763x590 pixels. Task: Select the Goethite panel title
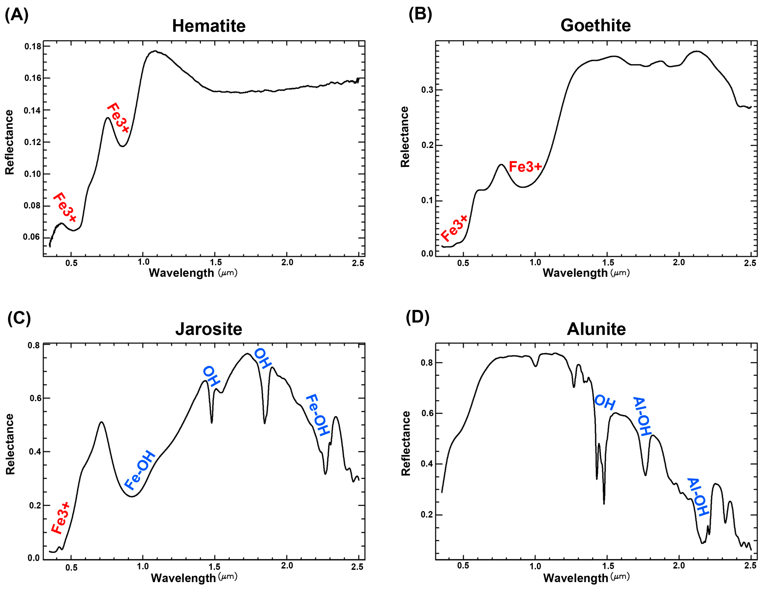coord(595,25)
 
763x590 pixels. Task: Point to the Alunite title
coord(596,329)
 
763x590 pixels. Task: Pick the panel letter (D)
coord(417,317)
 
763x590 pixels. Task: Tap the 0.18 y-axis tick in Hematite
coord(32,46)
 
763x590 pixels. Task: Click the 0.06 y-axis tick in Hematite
coord(31,237)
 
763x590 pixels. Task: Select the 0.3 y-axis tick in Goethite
coord(427,90)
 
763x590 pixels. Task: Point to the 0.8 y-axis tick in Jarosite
coord(34,345)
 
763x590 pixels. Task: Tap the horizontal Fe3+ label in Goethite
coord(525,167)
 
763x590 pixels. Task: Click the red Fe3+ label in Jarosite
coord(61,518)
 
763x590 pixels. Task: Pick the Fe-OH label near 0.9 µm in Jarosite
coord(140,470)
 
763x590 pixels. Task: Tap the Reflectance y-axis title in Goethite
coord(405,137)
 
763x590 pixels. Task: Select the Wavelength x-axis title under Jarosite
coord(183,578)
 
